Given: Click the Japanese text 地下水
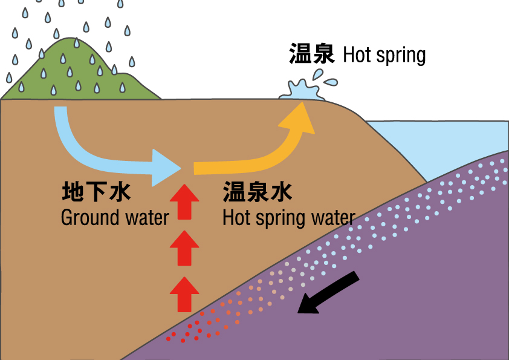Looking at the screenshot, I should tap(96, 192).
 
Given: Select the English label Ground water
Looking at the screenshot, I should tap(115, 217).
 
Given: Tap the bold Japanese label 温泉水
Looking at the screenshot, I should tap(258, 192).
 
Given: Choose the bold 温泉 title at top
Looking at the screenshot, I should tap(312, 54).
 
